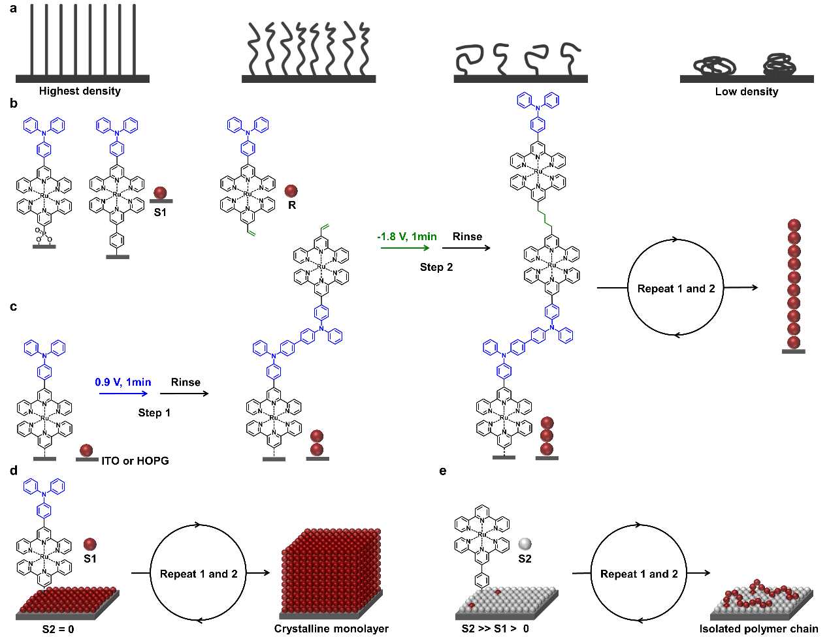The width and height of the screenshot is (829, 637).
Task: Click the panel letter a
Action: point(14,10)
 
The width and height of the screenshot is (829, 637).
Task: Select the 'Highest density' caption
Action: point(80,91)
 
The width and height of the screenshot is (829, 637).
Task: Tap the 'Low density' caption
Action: point(747,92)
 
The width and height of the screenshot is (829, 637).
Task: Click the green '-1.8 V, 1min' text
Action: point(406,237)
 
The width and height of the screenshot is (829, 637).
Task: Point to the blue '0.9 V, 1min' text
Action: point(123,382)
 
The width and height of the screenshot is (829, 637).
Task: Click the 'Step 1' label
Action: point(154,412)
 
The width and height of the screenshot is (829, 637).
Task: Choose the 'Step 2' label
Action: point(436,267)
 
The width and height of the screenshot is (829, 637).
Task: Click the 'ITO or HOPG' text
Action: point(135,461)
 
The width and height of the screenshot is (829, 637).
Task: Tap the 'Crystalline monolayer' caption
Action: point(331,629)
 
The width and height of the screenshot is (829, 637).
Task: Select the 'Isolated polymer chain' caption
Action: point(758,629)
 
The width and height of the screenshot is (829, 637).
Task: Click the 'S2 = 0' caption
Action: point(58,629)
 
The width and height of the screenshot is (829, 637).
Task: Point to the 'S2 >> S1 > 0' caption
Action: point(495,629)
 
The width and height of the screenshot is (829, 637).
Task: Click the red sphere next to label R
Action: point(291,191)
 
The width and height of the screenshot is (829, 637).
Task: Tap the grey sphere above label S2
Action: point(525,544)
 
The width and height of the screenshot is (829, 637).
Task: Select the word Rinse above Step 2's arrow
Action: point(467,237)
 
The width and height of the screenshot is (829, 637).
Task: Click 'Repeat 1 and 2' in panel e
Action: point(639,574)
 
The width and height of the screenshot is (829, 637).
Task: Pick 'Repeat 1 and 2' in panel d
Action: point(199,574)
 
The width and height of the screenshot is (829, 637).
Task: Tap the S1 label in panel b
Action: point(160,213)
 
